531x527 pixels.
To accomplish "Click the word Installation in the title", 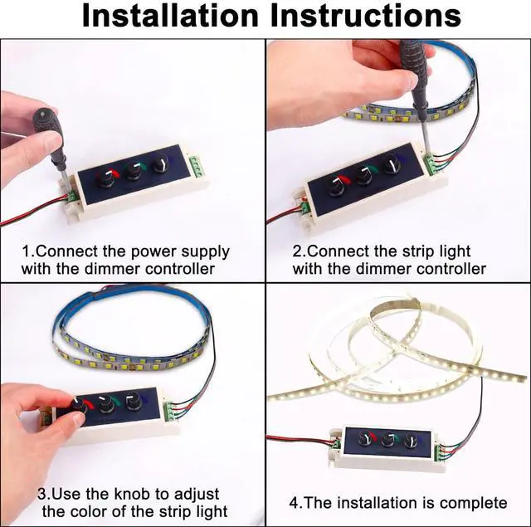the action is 170,16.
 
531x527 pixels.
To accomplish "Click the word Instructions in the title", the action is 366,16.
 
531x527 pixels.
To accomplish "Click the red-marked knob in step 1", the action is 105,178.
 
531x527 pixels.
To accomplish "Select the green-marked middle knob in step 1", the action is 134,171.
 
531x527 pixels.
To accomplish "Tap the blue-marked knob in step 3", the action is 133,400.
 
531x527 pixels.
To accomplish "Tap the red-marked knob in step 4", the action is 367,439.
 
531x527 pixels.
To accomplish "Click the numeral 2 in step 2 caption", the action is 297,252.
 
